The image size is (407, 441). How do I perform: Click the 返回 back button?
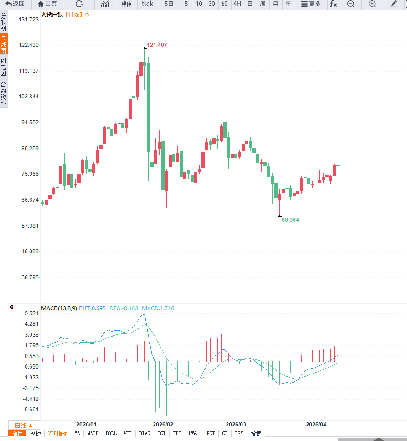(x=15, y=4)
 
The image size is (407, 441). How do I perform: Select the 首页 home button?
(x=47, y=4)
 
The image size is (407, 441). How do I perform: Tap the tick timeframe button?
(x=148, y=4)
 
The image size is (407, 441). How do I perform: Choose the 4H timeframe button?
(x=237, y=4)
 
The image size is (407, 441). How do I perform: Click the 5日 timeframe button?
(x=169, y=4)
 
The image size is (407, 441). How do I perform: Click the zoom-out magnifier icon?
(x=350, y=4)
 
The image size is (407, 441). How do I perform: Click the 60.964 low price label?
(x=290, y=220)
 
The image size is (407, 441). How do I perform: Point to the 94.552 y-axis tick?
(x=27, y=123)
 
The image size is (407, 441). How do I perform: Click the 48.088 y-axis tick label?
(x=27, y=251)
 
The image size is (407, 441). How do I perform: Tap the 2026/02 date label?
(x=163, y=424)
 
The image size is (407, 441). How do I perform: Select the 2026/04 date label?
(x=316, y=424)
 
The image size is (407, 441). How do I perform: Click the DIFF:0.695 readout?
(x=93, y=308)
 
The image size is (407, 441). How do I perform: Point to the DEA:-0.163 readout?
(x=124, y=308)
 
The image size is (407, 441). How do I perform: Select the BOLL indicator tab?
(x=111, y=434)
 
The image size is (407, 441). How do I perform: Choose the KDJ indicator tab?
(x=177, y=434)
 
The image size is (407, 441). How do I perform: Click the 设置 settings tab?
(x=256, y=434)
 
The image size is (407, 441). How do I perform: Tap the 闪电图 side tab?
(x=4, y=67)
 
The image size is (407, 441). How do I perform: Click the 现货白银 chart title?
(x=52, y=15)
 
